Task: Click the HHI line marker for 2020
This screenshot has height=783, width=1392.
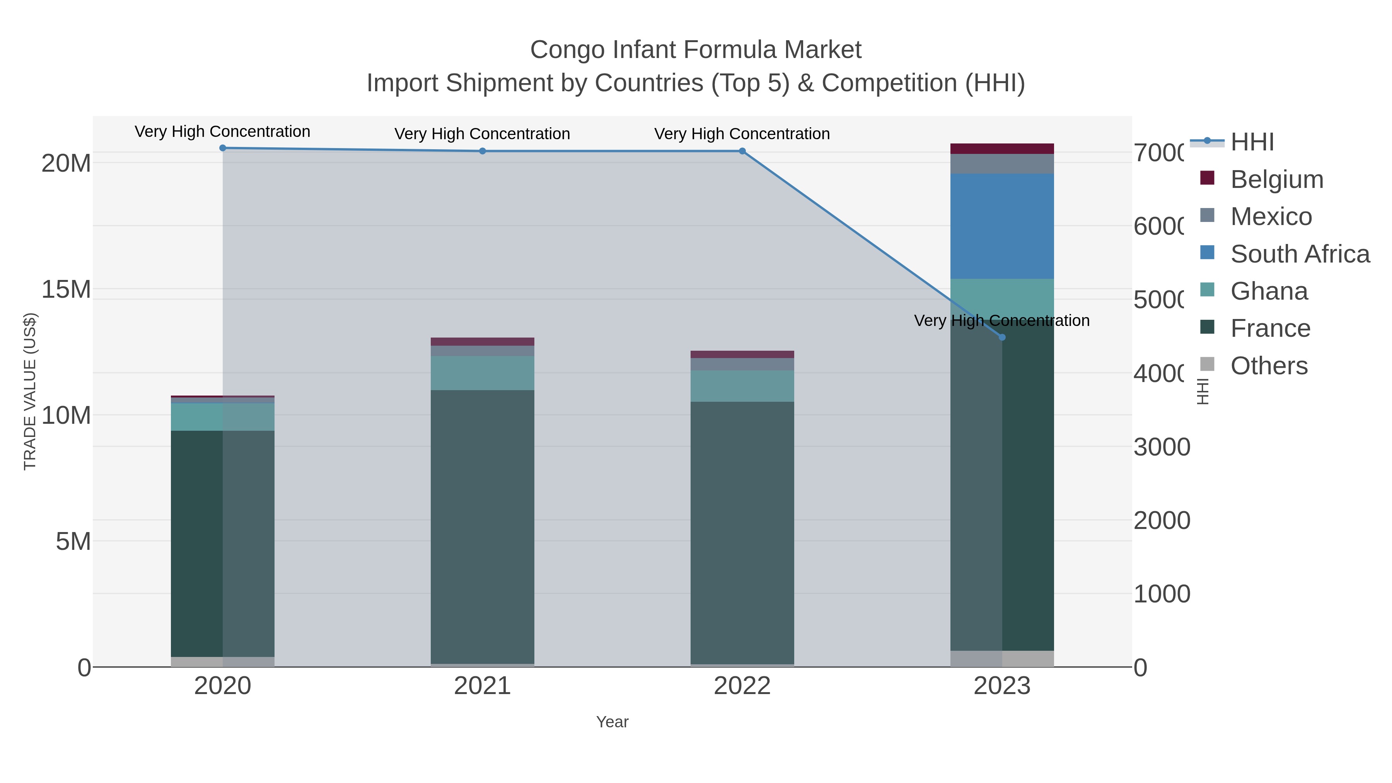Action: pos(223,148)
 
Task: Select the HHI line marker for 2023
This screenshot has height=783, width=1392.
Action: pos(1002,337)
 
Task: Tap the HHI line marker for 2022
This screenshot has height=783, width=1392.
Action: pos(742,151)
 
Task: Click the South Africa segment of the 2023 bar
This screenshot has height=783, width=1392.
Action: pos(1002,226)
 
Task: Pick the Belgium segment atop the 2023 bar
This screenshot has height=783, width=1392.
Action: pos(1002,148)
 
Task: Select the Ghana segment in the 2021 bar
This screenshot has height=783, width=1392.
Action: pos(482,373)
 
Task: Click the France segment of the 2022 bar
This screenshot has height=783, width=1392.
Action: pos(742,532)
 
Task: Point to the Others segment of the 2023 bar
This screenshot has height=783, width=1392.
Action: pos(1002,659)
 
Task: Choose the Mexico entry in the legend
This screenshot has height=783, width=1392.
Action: pos(1271,217)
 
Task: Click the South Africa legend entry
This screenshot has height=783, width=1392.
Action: pos(1300,254)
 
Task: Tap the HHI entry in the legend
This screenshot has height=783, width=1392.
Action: pos(1252,142)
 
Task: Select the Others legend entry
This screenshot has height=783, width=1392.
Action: pos(1268,366)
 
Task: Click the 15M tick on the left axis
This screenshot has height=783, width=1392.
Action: pos(66,290)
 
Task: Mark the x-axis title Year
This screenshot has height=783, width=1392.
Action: pos(612,722)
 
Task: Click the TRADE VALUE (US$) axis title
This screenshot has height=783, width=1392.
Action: pos(30,391)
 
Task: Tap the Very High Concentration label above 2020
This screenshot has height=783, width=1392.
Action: pos(223,131)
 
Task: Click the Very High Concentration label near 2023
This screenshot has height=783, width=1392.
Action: pos(1002,321)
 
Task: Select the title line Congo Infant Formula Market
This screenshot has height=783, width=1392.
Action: pos(696,50)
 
